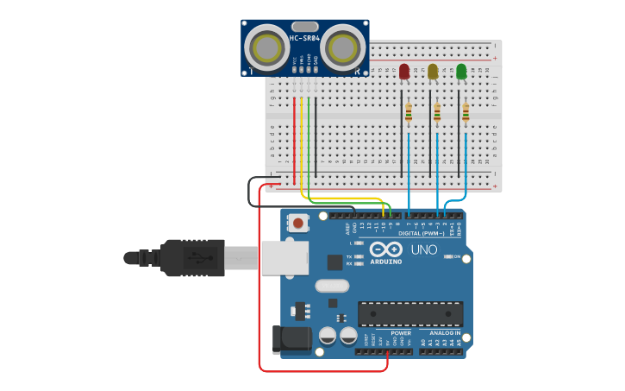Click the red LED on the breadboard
[404, 72]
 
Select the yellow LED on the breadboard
[433, 72]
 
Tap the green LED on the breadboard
[461, 72]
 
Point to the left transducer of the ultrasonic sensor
[266, 46]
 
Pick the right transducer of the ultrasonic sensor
[345, 45]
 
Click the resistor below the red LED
[409, 112]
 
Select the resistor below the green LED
[466, 112]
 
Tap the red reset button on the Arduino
[297, 223]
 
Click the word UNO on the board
[423, 250]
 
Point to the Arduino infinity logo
[385, 249]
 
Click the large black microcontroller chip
[410, 314]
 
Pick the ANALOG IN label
[440, 332]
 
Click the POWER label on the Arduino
[401, 332]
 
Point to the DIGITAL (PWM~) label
[422, 233]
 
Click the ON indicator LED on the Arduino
[447, 256]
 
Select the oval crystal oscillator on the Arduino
[332, 286]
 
